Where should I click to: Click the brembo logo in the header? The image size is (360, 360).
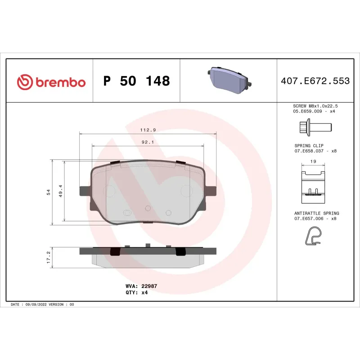coord(51,81)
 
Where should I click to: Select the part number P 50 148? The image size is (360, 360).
coord(136,81)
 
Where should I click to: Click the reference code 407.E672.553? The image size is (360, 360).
coord(315,81)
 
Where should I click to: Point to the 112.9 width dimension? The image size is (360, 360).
coord(148,130)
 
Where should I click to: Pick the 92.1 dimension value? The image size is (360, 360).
coord(148,142)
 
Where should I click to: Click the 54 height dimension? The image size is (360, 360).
coord(48,192)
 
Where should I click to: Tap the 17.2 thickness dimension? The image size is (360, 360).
coord(48,257)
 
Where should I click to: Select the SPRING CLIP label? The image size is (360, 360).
coord(309,145)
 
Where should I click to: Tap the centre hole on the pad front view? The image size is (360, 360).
coord(148,208)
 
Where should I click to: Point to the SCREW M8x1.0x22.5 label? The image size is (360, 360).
coord(315,105)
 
